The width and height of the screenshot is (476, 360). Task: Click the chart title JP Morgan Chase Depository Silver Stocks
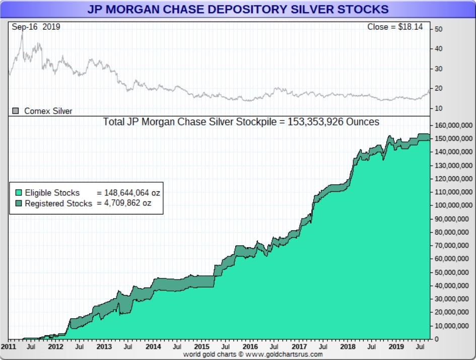coord(238,9)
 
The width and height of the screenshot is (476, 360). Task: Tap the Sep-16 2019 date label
coord(36,27)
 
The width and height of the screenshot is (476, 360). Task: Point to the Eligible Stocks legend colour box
coord(19,193)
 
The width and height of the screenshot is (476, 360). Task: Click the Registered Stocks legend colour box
coord(19,203)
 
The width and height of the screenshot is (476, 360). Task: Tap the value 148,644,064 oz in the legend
coord(132,193)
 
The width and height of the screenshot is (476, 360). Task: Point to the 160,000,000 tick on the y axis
coord(453,125)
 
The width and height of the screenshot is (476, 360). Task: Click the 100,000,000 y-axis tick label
coord(453,205)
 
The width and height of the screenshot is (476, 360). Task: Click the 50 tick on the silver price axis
coord(438,29)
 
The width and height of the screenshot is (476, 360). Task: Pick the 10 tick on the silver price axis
coord(438,108)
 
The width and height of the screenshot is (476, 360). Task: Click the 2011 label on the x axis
coord(8,347)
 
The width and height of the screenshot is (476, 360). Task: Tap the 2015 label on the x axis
coord(201,347)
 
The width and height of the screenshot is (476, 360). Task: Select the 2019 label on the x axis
coord(396,347)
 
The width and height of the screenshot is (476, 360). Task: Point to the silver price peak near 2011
coord(22,34)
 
